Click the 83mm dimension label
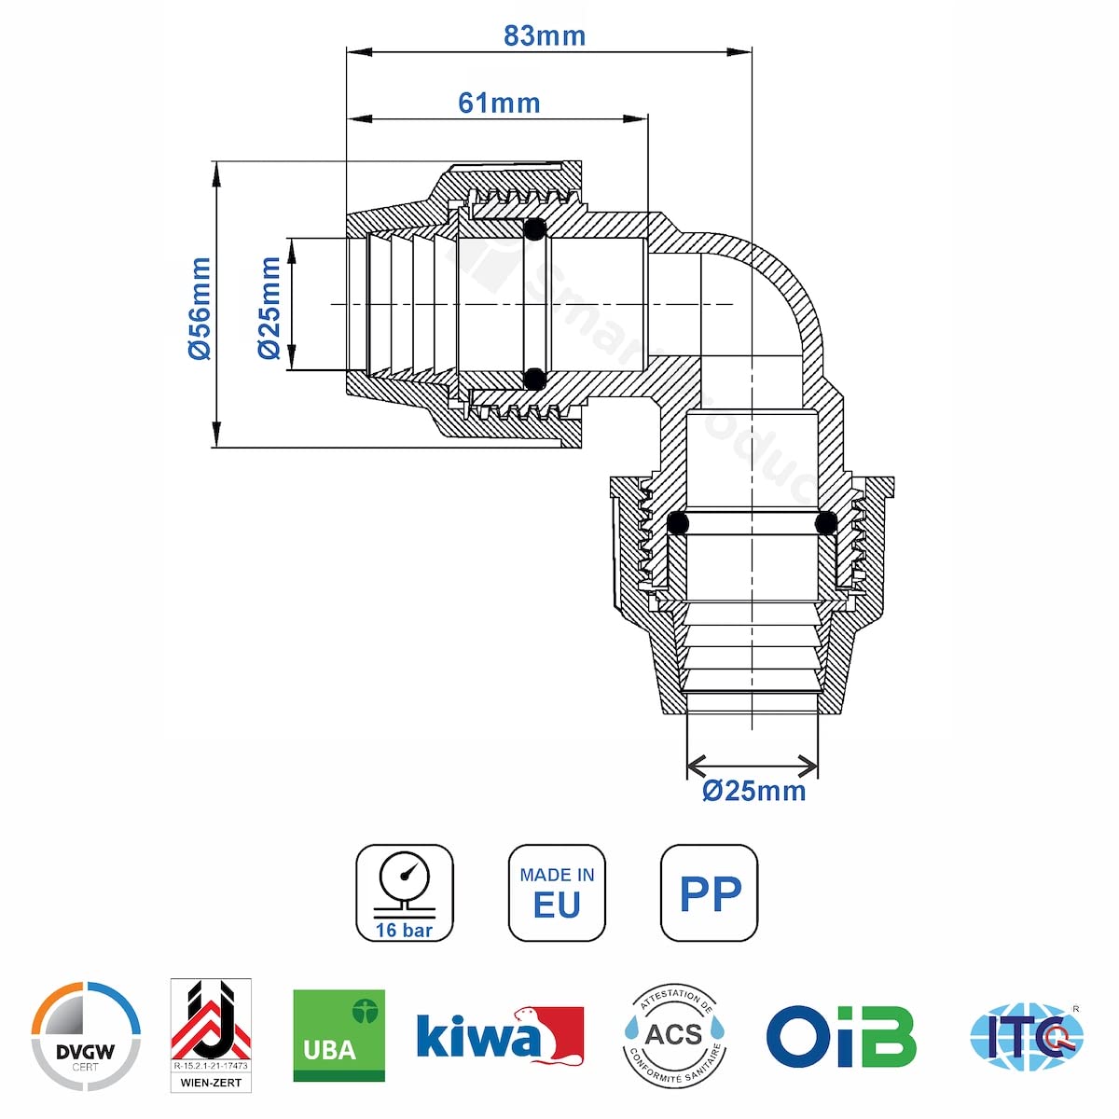pos(545,35)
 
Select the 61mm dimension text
pos(499,103)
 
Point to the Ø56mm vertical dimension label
pos(200,309)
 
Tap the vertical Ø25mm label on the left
pos(269,309)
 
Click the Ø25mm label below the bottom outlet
pos(753,791)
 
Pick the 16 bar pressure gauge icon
pos(405,893)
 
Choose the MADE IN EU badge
pos(557,893)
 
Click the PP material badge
pos(709,893)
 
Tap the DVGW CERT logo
pos(86,1036)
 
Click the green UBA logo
pos(338,1035)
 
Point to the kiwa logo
pos(500,1036)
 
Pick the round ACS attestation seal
pos(674,1035)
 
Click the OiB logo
pos(841,1036)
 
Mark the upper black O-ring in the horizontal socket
pos(534,229)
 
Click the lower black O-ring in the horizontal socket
pos(534,379)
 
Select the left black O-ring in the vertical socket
pos(678,522)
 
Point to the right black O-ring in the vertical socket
pos(825,522)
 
